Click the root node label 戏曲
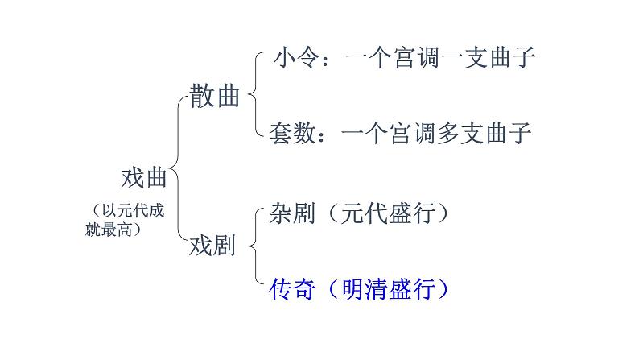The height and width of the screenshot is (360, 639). pos(143,176)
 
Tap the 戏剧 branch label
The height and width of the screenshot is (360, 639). pos(212,246)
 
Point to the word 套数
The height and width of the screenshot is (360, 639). pos(291,133)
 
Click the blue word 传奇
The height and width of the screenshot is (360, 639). pos(291,288)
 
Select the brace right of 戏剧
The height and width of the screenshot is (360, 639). pos(254,246)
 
